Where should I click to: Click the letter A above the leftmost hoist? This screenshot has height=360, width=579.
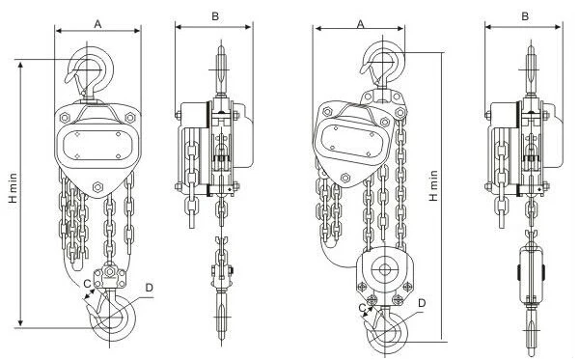(97, 24)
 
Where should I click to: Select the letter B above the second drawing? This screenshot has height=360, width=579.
(215, 16)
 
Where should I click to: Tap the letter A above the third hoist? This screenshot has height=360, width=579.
(361, 24)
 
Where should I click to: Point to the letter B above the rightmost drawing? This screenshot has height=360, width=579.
(525, 16)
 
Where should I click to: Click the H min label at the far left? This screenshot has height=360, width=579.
(14, 188)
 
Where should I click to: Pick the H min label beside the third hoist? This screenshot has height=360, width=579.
(433, 185)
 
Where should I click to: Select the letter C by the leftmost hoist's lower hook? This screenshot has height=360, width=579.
(87, 284)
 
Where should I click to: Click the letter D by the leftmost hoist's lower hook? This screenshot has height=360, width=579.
(150, 288)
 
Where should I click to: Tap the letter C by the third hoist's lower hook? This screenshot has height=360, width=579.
(363, 308)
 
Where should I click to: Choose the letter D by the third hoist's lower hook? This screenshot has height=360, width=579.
(422, 303)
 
